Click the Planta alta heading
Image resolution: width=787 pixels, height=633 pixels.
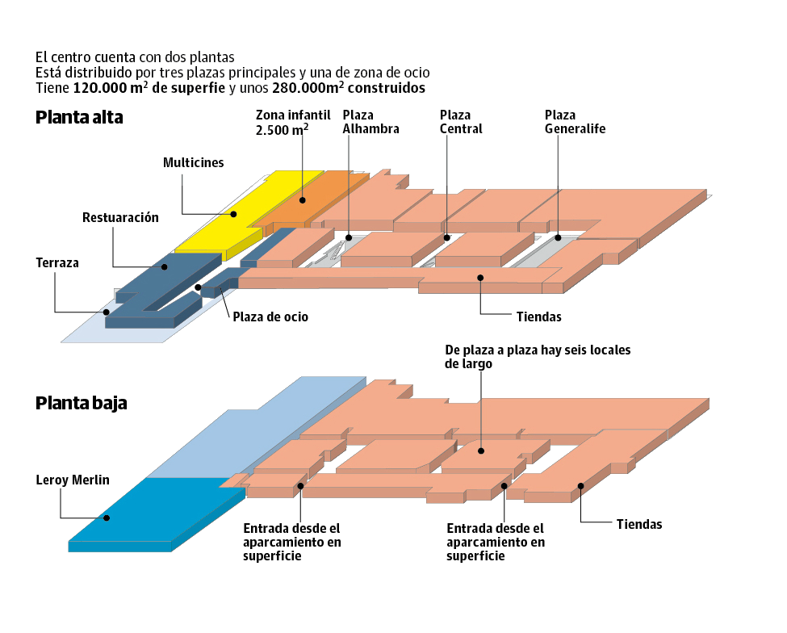click(80, 118)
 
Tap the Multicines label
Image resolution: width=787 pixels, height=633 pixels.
click(194, 162)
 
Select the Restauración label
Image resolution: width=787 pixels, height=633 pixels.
click(120, 218)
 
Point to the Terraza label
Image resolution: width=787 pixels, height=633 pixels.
click(57, 263)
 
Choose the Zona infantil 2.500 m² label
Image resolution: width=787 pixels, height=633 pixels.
click(282, 122)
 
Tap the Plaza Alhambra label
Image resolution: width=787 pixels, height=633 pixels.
click(370, 122)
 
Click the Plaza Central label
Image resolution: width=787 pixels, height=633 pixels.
click(461, 122)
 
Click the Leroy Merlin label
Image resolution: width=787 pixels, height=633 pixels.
click(72, 480)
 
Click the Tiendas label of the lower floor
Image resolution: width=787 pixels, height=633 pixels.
click(639, 525)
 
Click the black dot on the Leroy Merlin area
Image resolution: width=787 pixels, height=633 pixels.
click(105, 518)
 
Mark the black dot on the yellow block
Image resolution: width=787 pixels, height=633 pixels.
click(235, 215)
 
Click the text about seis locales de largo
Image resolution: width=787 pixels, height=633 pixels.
click(537, 357)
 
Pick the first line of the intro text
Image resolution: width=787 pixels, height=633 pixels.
click(135, 57)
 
